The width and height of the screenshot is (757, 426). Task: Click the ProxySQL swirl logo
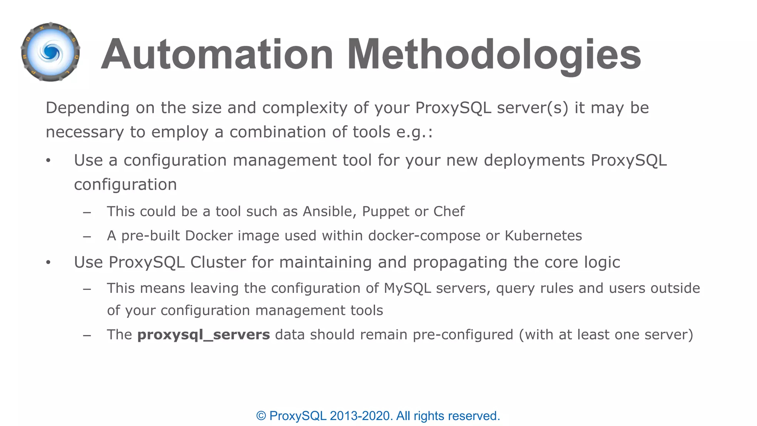click(51, 52)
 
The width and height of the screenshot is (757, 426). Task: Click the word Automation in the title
click(217, 55)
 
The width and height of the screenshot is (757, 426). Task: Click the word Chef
click(449, 212)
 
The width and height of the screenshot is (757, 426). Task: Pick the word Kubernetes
click(543, 236)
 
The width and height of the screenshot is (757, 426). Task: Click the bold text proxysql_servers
click(204, 335)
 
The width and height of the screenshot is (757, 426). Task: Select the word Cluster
click(218, 263)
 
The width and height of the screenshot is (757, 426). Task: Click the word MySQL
click(407, 288)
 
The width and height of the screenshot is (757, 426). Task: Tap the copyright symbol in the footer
click(261, 416)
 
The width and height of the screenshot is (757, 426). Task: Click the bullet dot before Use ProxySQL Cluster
click(48, 263)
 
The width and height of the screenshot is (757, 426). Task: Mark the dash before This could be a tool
click(87, 213)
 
